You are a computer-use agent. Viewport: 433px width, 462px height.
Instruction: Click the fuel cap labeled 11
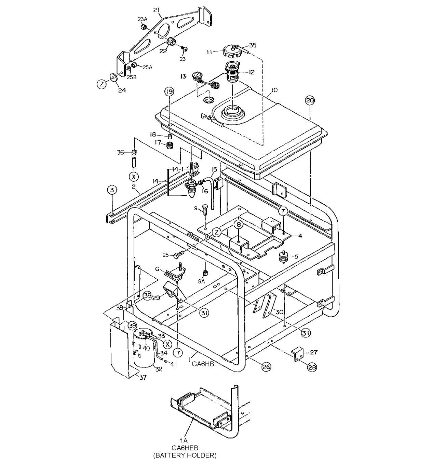[231, 52]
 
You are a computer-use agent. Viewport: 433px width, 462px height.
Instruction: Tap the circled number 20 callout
[310, 100]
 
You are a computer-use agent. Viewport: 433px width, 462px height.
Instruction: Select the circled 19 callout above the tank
[169, 92]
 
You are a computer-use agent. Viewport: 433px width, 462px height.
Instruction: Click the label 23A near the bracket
[143, 19]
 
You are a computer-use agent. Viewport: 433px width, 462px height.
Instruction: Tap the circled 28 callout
[312, 367]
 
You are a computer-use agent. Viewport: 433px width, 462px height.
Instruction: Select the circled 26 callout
[266, 367]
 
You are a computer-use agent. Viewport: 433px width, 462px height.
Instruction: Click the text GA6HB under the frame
[203, 364]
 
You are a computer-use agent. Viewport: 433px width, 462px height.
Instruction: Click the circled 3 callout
[112, 189]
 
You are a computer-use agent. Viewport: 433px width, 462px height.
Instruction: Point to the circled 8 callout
[238, 224]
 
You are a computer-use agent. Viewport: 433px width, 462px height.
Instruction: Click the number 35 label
[253, 45]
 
